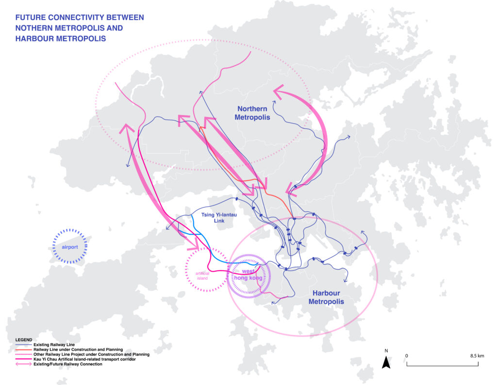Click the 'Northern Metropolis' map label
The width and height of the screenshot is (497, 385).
[252, 113]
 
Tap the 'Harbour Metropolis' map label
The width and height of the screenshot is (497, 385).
[326, 297]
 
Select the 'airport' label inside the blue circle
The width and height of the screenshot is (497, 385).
[70, 247]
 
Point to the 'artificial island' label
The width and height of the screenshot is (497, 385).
[202, 276]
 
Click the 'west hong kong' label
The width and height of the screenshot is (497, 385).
[248, 275]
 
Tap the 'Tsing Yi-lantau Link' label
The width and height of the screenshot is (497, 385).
[219, 218]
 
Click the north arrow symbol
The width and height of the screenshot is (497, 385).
[386, 362]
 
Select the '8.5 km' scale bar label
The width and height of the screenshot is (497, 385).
[477, 356]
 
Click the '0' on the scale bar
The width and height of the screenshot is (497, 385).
[407, 356]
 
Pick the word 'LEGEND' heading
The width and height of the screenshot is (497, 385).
[24, 340]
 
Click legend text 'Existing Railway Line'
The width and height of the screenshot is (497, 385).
[54, 345]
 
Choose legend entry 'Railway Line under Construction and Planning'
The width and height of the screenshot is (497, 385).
[78, 350]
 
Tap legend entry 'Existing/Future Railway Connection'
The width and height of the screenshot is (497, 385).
[68, 364]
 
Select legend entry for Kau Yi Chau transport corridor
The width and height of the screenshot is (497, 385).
[84, 359]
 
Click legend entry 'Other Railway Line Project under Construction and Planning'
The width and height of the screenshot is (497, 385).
[92, 354]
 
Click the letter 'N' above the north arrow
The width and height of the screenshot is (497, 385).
[386, 350]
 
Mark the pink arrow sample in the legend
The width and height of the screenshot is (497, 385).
[23, 364]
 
